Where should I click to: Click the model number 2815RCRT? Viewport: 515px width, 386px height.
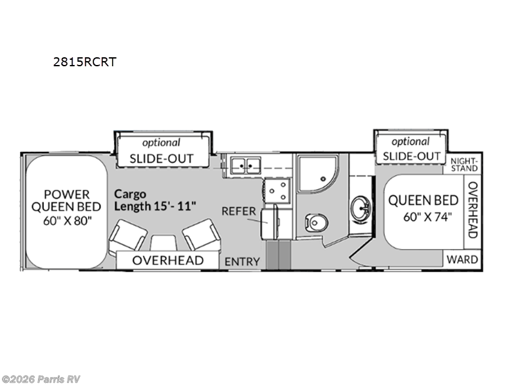click(85, 62)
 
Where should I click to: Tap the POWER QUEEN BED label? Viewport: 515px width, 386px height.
click(66, 201)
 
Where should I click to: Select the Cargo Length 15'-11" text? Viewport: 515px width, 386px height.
click(155, 200)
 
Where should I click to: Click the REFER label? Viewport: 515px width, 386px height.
click(239, 211)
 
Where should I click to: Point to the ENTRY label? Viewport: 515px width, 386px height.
click(243, 262)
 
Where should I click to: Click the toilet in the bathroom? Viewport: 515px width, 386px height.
click(316, 223)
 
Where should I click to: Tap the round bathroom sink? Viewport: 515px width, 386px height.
click(360, 208)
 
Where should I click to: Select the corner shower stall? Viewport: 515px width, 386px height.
click(317, 174)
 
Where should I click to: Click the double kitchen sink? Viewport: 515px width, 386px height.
click(246, 165)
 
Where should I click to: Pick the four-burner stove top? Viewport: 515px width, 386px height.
click(278, 190)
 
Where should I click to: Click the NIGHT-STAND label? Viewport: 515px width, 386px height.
click(464, 165)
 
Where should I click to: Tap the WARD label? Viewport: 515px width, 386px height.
click(462, 260)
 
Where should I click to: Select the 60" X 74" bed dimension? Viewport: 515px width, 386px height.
click(427, 217)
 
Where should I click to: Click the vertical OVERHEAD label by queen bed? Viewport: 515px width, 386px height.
click(473, 210)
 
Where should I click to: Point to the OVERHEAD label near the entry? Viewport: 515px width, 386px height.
click(168, 261)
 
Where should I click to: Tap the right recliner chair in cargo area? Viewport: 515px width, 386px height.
click(201, 235)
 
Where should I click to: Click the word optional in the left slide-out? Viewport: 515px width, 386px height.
click(162, 143)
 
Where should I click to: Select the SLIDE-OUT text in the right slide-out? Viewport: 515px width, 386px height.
click(411, 156)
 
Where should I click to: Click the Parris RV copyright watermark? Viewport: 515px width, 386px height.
click(41, 380)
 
